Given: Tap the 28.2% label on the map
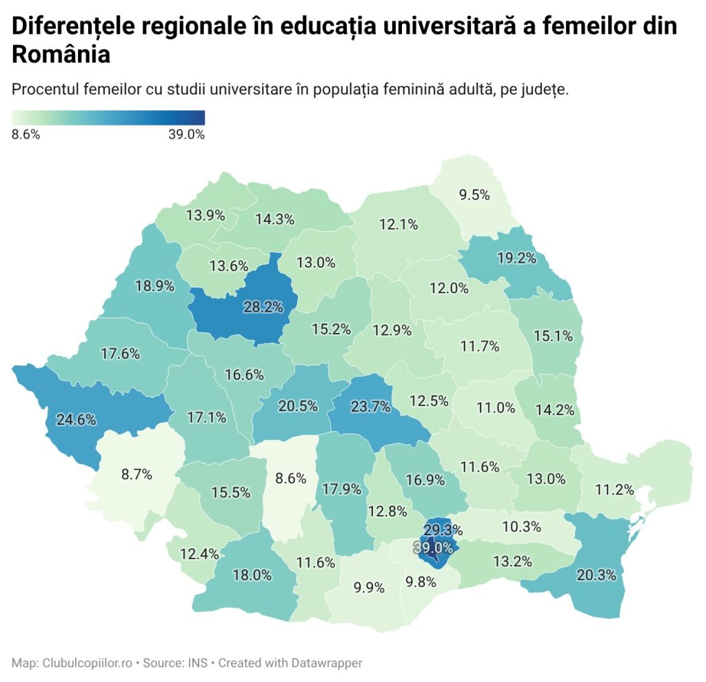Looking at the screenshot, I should [263, 307].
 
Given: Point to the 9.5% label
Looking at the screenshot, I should [474, 194].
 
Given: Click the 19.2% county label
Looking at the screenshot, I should [516, 259].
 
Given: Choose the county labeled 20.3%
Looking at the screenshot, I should [597, 574].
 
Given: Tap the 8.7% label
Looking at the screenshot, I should [137, 474].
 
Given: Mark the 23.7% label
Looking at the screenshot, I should [370, 406].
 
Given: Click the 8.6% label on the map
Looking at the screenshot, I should [290, 478].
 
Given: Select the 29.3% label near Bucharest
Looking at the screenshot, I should [443, 530].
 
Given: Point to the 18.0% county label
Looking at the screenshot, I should [251, 575].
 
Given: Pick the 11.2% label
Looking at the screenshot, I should [615, 490].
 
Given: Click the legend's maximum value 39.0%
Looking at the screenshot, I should [187, 134].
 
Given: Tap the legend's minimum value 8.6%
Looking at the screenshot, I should [26, 134].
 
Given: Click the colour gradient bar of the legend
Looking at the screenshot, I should [108, 117].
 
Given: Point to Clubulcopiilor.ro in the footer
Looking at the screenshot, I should [87, 663].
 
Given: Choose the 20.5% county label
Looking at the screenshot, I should [298, 406].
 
